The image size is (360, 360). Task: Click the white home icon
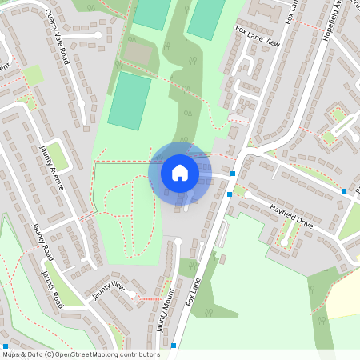(180, 172)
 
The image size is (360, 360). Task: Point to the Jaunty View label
(109, 290)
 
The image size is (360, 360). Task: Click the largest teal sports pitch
(129, 101)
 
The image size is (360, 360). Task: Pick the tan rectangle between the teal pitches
(138, 53)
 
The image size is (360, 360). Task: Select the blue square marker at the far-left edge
(6, 346)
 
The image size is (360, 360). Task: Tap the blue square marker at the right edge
(344, 191)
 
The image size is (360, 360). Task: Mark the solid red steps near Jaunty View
(149, 298)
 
